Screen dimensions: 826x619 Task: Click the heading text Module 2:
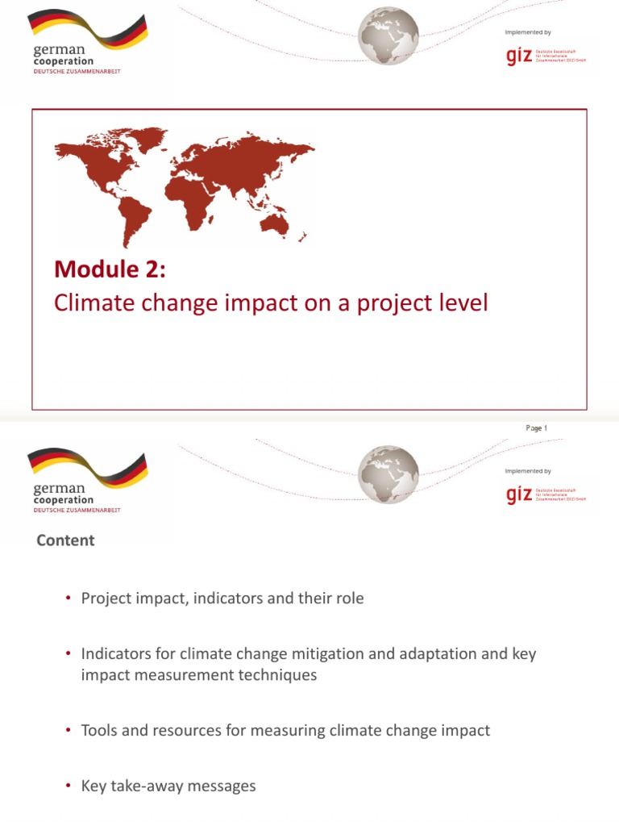coord(110,269)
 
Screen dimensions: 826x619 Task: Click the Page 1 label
coord(536,428)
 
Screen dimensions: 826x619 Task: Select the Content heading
coord(65,540)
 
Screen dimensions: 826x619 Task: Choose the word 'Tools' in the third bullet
coord(100,731)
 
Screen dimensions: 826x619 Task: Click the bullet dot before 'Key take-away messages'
coord(68,786)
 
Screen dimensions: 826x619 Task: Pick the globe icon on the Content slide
coord(388,473)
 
